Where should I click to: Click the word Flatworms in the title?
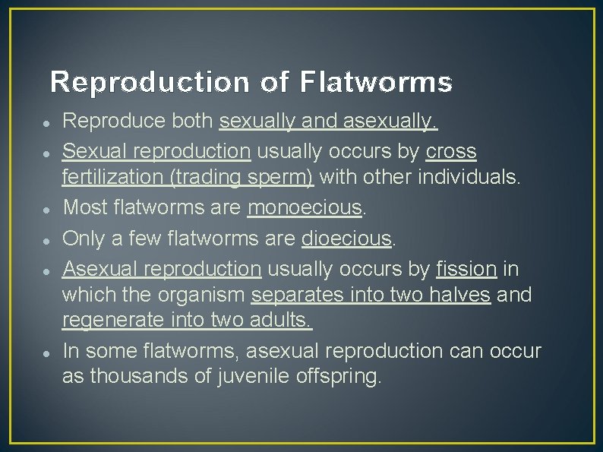click(x=375, y=82)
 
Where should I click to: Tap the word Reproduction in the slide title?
click(x=150, y=82)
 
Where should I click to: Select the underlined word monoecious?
click(x=305, y=207)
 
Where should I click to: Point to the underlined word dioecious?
click(x=346, y=239)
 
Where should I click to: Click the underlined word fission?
click(x=466, y=269)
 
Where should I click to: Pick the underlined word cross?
click(x=451, y=152)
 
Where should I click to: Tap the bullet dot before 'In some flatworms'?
click(x=47, y=352)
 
